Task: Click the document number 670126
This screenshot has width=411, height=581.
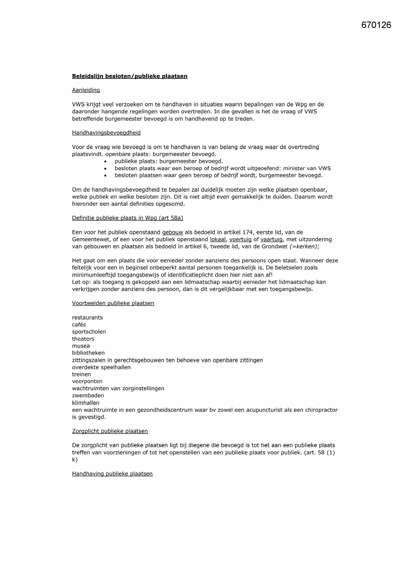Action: (x=376, y=25)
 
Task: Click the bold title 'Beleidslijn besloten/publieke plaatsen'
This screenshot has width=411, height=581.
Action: (x=129, y=76)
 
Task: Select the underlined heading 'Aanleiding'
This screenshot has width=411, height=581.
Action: (x=86, y=90)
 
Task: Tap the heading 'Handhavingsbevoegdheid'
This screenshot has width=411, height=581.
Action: (x=106, y=133)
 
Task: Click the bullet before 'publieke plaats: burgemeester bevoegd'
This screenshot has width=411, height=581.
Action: (x=105, y=162)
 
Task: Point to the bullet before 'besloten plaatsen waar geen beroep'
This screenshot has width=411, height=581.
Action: (x=105, y=176)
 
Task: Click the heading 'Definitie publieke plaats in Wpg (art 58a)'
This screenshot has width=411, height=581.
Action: (x=128, y=218)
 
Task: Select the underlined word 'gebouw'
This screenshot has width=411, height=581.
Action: (x=173, y=233)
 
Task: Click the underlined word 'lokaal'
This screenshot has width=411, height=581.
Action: (x=218, y=239)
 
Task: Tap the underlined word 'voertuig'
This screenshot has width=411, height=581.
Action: (x=240, y=239)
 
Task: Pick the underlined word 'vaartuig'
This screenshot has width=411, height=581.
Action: (x=272, y=239)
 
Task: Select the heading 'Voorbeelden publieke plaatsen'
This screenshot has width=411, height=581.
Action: (x=113, y=303)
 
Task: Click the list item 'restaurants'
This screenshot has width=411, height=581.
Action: (x=87, y=318)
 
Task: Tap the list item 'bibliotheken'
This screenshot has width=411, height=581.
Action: (x=88, y=353)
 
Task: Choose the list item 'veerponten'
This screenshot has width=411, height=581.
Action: (x=87, y=382)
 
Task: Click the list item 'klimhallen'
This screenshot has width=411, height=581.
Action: (x=85, y=403)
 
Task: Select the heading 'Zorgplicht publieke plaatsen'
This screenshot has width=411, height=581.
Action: (x=110, y=431)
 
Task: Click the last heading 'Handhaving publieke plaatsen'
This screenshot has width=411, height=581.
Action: (x=112, y=474)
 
